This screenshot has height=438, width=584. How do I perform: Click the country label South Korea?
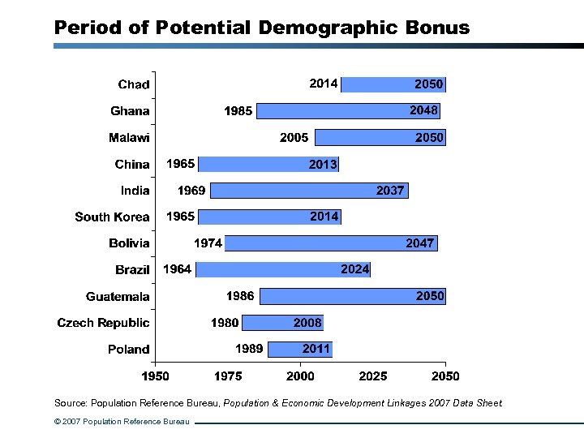pos(112,217)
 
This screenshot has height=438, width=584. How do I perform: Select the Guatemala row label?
pos(118,297)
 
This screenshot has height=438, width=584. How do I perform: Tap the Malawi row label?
pos(129,138)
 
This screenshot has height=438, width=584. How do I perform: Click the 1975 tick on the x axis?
pos(228,376)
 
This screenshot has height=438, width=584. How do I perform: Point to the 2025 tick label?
pos(373,376)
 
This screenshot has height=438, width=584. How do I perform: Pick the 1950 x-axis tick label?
pos(156,376)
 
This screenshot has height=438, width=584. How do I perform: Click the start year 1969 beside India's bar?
pos(191,191)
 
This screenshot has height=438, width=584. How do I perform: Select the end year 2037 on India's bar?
pos(390,191)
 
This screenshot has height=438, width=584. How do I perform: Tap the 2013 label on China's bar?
pos(323,165)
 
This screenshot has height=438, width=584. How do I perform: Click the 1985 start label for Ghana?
pos(238,111)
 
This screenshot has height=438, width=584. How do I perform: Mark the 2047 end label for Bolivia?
pos(420,243)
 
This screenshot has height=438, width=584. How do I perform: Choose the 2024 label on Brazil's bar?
pos(355,269)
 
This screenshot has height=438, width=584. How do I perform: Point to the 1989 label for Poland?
pos(249,349)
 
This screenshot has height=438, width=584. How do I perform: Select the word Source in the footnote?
pos(70,403)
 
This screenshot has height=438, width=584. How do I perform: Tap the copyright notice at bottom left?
pos(122,422)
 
